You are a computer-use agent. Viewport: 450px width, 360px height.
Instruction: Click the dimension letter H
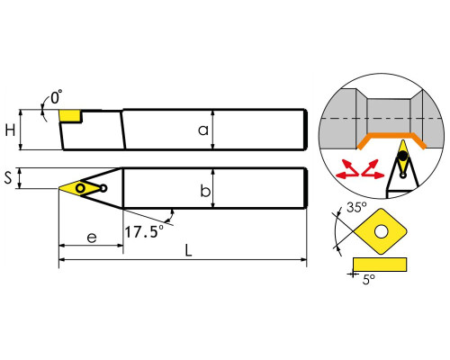coord(10,130)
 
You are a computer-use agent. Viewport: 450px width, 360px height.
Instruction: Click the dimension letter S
coord(8,177)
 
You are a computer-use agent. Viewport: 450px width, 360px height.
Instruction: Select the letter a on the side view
coord(203,130)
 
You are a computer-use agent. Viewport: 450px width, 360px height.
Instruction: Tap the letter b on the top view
coord(205,191)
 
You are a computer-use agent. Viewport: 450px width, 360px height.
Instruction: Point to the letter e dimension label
coord(92,238)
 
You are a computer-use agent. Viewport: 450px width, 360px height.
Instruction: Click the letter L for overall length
coord(188,250)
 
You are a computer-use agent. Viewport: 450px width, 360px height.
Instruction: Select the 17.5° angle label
coord(144,231)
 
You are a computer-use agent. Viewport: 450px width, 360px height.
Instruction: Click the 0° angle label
coord(56,97)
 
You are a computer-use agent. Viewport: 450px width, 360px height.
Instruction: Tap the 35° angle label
coord(356,207)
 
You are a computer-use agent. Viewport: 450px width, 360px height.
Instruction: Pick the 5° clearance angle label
coord(369,280)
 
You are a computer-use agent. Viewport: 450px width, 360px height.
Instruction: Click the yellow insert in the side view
coord(70,116)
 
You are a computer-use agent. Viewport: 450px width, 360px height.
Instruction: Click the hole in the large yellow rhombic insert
coord(382,231)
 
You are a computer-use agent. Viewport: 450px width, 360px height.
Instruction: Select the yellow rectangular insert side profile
coord(380,265)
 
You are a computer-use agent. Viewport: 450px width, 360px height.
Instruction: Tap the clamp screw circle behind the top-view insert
coord(103,188)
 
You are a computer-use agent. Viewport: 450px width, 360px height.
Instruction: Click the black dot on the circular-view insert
coord(403,156)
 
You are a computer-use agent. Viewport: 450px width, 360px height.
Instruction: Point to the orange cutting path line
coord(391,136)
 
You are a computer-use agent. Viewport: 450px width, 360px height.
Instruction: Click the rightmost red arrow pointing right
coord(377,175)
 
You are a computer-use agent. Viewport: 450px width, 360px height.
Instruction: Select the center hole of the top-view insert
coord(80,188)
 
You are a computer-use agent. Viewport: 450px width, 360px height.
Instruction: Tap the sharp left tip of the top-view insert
coord(59,188)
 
